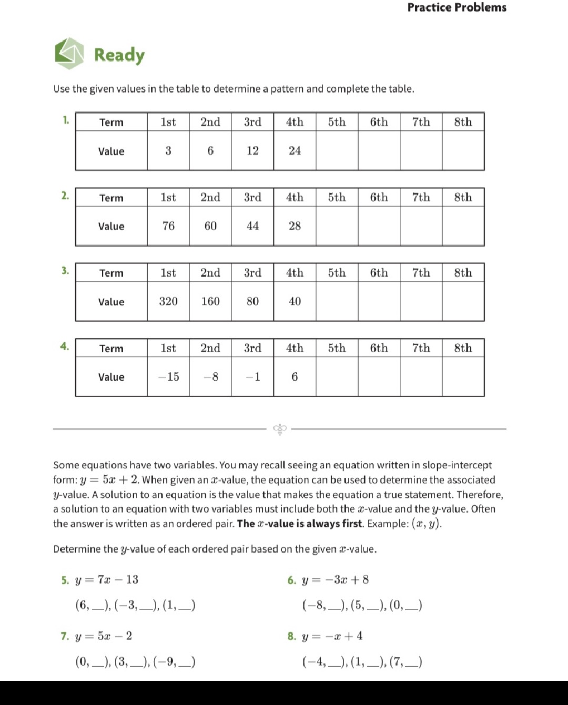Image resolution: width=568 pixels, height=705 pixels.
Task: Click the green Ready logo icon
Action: pyautogui.click(x=69, y=53)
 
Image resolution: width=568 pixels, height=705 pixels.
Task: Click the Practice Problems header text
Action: pyautogui.click(x=457, y=7)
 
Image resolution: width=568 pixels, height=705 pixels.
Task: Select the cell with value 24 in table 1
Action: pyautogui.click(x=295, y=151)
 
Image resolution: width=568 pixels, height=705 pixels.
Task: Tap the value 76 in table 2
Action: pyautogui.click(x=168, y=226)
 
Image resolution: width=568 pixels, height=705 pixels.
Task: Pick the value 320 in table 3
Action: pyautogui.click(x=168, y=301)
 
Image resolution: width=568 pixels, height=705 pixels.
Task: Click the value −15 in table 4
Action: pyautogui.click(x=168, y=377)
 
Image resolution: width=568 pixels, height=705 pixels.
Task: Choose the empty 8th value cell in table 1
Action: pyautogui.click(x=463, y=151)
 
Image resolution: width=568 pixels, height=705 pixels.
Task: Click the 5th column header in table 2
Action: pyautogui.click(x=337, y=198)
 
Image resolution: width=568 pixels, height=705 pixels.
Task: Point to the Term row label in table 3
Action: pyautogui.click(x=111, y=273)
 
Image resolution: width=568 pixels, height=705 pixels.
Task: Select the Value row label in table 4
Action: pyautogui.click(x=111, y=377)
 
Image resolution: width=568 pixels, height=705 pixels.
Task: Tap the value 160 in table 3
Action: pyautogui.click(x=210, y=301)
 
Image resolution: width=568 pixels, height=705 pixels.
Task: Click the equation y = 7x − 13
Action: pyautogui.click(x=107, y=579)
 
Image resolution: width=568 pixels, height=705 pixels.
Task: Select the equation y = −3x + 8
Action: pyautogui.click(x=335, y=579)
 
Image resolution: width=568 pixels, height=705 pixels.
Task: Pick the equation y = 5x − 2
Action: pyautogui.click(x=104, y=636)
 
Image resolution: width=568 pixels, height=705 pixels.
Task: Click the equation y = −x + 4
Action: pyautogui.click(x=332, y=636)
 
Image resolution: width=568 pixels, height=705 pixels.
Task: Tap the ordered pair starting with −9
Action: pyautogui.click(x=174, y=661)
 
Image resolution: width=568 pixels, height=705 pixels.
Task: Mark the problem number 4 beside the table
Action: pyautogui.click(x=64, y=346)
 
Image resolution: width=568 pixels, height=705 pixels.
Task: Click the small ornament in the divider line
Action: pyautogui.click(x=280, y=429)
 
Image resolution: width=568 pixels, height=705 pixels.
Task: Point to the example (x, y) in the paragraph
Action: pyautogui.click(x=426, y=524)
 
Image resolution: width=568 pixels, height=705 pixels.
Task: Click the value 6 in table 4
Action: pyautogui.click(x=295, y=377)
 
